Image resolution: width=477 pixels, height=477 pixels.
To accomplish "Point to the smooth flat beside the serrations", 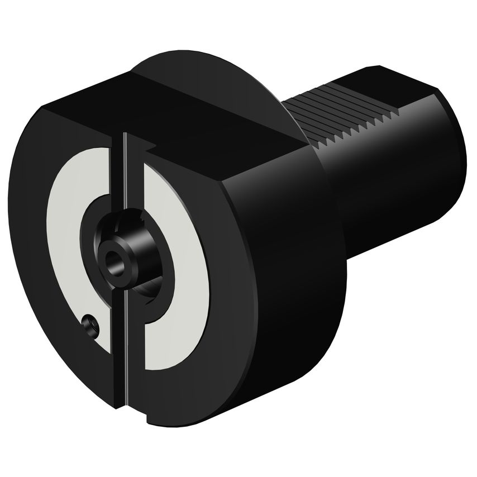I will [391, 84].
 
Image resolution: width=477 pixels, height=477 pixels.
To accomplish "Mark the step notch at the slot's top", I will [146, 146].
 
